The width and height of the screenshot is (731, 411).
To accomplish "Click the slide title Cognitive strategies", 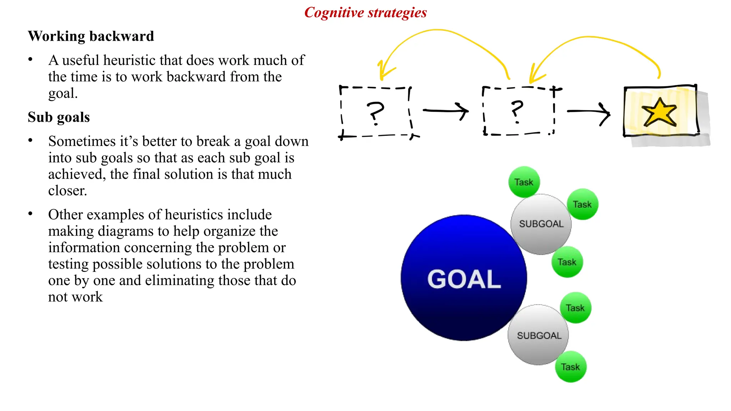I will click(x=365, y=13).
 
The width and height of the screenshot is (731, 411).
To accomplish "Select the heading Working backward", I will click(x=91, y=36).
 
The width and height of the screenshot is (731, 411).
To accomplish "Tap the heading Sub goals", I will click(x=59, y=117).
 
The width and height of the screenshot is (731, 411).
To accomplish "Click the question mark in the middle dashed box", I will click(x=517, y=111).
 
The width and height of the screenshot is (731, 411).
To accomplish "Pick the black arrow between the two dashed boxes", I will click(x=446, y=111).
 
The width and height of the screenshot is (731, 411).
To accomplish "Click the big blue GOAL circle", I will click(x=463, y=278).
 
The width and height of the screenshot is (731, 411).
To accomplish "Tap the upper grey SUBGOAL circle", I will click(x=541, y=224).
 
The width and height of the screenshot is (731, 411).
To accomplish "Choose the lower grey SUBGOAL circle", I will click(x=538, y=335).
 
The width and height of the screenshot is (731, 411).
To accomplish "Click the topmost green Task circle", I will click(x=524, y=182).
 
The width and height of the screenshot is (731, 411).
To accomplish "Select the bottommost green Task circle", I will click(x=570, y=367).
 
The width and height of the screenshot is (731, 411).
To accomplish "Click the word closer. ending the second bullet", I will click(x=67, y=191).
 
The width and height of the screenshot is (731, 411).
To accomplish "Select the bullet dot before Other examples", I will click(x=31, y=214).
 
